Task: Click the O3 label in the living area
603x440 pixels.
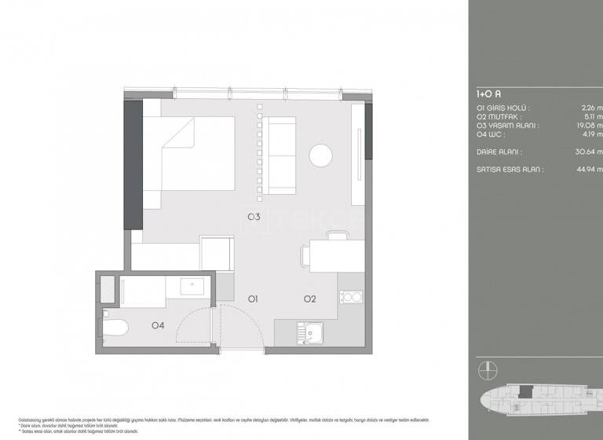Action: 254,217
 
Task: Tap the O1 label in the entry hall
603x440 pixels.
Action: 254,299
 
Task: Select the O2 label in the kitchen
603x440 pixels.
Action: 310,299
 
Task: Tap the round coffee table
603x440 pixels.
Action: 321,155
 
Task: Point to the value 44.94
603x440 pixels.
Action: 588,168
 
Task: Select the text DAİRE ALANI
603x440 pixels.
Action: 499,152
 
